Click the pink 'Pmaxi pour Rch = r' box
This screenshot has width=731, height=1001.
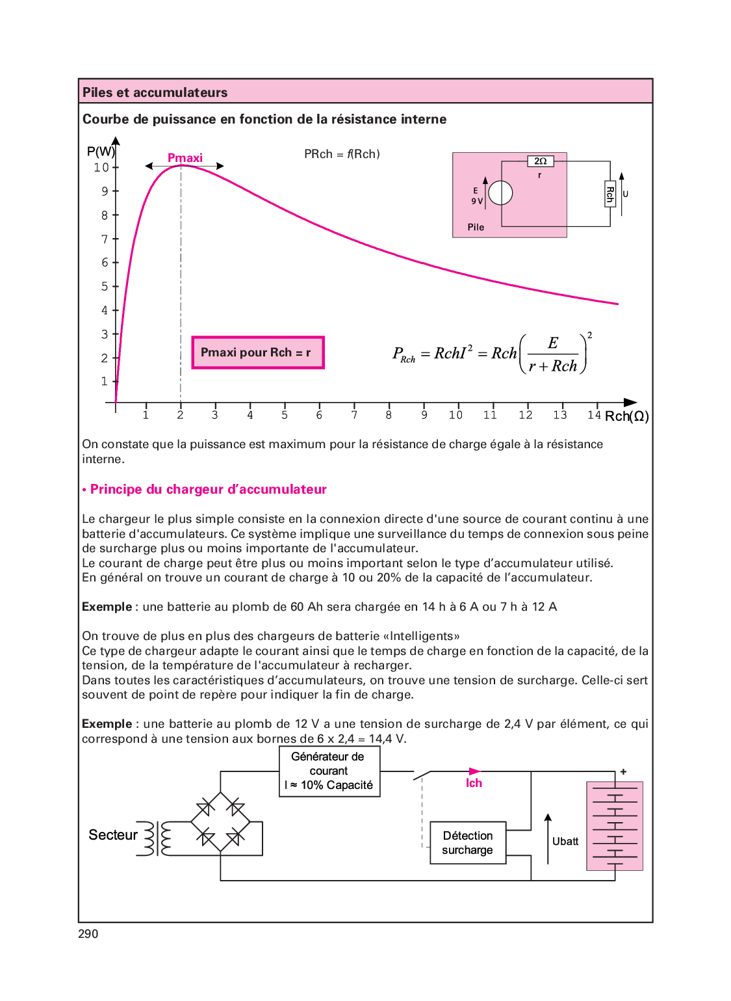point(257,353)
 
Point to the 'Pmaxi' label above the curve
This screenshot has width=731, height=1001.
point(185,158)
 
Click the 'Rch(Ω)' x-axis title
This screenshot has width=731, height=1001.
point(626,416)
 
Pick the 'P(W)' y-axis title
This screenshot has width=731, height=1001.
point(101,152)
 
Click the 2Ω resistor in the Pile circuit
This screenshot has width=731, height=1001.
point(540,161)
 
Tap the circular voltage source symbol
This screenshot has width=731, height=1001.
point(500,193)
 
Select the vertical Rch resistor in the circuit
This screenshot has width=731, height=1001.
point(610,194)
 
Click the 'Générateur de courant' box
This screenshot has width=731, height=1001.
point(329,771)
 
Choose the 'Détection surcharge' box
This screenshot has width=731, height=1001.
point(468,843)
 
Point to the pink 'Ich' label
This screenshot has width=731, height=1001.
point(474,783)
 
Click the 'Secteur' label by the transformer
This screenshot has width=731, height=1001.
point(113,835)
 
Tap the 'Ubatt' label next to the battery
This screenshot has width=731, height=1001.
point(565,842)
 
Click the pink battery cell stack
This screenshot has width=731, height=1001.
point(615,826)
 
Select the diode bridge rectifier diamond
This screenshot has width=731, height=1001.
point(221,821)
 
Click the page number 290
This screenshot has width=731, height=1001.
point(88,934)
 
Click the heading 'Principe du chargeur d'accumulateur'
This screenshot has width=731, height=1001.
point(208,490)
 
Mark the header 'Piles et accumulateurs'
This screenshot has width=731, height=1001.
point(155,92)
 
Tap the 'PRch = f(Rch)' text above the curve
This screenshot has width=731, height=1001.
point(342,154)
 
